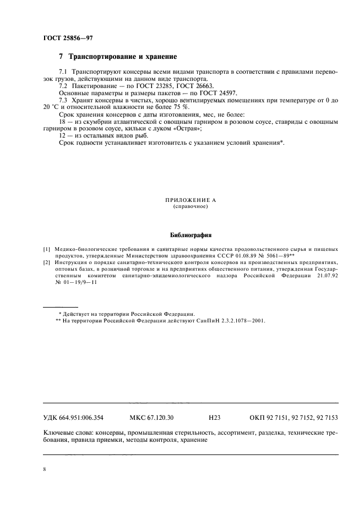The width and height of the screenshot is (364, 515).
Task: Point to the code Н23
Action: coord(215,418)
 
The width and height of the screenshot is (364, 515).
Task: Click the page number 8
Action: coord(45,469)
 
